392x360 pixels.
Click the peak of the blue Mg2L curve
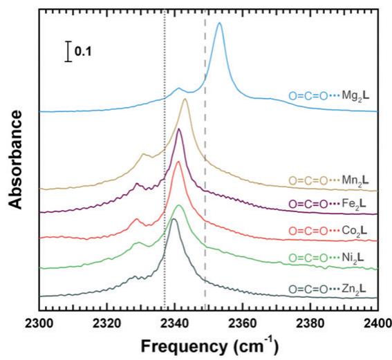[219, 23]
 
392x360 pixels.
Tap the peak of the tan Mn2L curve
[185, 100]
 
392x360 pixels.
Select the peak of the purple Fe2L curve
[179, 130]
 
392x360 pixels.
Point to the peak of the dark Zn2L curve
[174, 219]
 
